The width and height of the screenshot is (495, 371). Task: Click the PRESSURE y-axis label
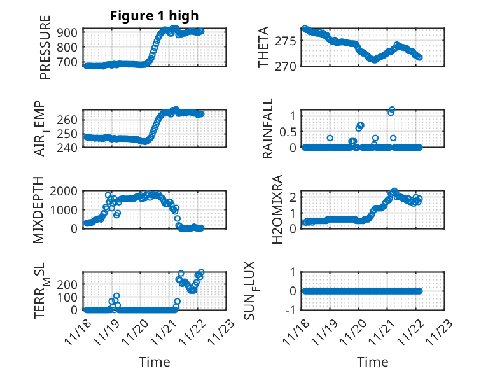pos(45,48)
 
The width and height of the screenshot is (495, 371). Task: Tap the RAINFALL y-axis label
pos(268,129)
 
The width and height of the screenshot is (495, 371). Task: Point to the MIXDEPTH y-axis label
pos(45,209)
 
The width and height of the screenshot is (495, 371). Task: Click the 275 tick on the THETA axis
pos(286,41)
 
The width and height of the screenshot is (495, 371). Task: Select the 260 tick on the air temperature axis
pos(70,120)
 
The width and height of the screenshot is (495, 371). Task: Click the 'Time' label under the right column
pos(372,362)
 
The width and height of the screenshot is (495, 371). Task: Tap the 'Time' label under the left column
pos(155,362)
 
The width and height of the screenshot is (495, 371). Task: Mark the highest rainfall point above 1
pos(392,110)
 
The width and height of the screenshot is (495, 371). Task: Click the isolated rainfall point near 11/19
pos(330,137)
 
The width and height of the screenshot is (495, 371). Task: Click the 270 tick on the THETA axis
pos(286,66)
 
